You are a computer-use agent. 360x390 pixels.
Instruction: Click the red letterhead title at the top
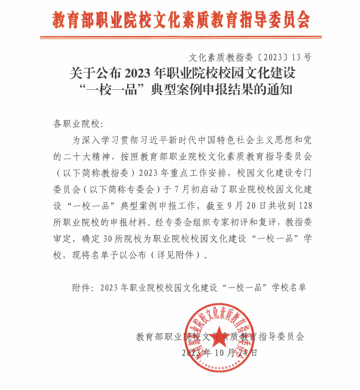tap(181, 20)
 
